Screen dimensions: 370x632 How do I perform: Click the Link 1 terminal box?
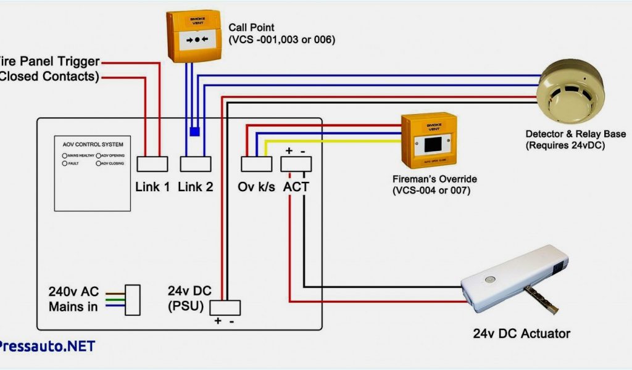pos(152,163)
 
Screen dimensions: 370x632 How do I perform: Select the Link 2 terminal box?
pos(196,163)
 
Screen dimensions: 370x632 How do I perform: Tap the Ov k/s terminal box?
pos(256,163)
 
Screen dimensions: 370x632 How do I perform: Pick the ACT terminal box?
pos(296,163)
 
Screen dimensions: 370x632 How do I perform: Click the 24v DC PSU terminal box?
pos(225,307)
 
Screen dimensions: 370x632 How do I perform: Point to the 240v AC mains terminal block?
pos(133,299)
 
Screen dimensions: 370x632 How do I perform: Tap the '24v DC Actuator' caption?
pos(522,334)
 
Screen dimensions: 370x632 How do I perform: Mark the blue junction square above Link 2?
pos(194,131)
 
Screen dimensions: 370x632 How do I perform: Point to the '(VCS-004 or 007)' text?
pos(431,191)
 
